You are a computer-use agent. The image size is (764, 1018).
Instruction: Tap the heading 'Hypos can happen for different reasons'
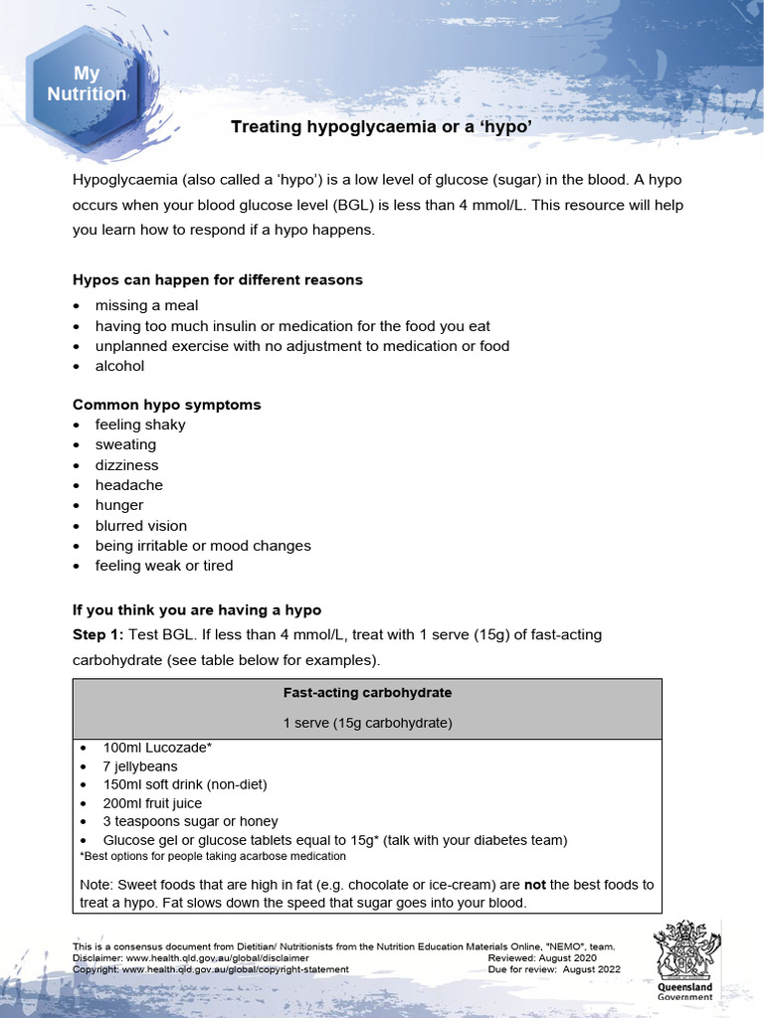218,279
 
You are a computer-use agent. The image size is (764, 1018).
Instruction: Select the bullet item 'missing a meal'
146,305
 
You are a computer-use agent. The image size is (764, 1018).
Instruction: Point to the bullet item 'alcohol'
119,366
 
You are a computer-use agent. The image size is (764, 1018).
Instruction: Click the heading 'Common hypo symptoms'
167,405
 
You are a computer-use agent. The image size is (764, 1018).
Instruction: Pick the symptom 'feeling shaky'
140,424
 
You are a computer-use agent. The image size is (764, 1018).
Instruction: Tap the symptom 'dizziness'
126,465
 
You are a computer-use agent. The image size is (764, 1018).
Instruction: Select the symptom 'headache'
128,485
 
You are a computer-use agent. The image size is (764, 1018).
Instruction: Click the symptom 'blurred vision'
140,526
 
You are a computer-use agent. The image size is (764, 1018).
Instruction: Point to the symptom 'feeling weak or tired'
164,566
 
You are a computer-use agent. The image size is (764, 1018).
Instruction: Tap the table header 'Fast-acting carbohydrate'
367,692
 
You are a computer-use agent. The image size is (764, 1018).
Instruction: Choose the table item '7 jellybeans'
140,766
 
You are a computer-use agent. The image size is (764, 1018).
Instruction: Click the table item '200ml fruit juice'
152,803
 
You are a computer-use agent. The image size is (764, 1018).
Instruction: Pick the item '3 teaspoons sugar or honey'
190,821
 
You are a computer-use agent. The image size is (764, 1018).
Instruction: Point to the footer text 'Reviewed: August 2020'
542,957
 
